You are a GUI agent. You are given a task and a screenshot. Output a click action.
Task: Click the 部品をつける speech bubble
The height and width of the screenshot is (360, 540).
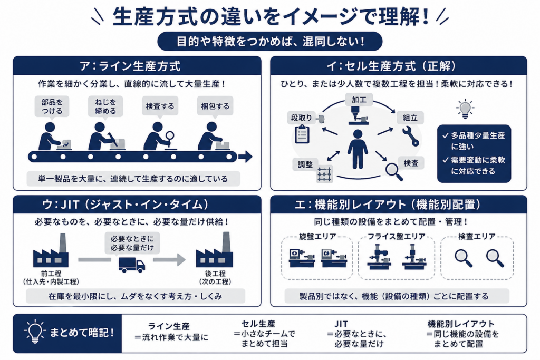point(52,107)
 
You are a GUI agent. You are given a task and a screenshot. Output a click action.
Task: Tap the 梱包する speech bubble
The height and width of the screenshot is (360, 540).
point(215,106)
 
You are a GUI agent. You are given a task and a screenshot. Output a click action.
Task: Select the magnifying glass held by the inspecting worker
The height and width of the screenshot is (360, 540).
point(169,138)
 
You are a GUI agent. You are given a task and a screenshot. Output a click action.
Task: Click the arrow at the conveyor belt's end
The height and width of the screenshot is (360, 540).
point(246,157)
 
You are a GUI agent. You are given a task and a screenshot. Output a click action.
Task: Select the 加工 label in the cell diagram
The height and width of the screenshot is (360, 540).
point(359,100)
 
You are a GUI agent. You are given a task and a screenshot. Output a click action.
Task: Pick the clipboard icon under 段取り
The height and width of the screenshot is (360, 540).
point(302,134)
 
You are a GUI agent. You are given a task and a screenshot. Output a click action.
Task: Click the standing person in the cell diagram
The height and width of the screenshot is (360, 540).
point(358,149)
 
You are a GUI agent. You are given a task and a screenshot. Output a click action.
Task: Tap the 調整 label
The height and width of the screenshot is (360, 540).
point(305,164)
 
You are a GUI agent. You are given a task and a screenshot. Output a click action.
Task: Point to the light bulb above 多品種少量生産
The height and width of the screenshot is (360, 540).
point(465,109)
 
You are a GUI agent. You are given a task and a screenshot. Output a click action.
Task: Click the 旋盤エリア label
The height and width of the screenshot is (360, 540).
point(317,237)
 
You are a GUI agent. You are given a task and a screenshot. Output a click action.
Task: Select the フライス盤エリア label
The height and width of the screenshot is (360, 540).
point(397,237)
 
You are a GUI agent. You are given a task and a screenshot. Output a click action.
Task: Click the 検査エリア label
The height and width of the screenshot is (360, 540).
point(477,237)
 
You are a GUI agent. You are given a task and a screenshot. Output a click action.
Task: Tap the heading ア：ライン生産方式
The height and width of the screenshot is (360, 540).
point(130,66)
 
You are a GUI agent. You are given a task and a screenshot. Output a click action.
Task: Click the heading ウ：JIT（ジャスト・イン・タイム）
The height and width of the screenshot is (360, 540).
point(126,205)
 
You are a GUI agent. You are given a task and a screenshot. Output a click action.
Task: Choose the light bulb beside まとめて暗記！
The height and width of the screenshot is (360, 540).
point(34,332)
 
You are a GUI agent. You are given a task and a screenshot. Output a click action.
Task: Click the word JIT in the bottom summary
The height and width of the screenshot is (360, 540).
point(341,324)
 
